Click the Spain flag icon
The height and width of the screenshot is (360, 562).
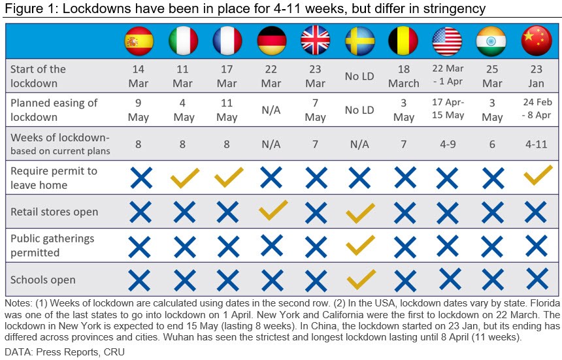point(139,41)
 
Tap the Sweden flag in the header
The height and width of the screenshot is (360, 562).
point(359,41)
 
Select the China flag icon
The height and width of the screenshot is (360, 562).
point(537,41)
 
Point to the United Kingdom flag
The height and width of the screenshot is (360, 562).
point(315,41)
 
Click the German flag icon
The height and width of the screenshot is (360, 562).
point(271,41)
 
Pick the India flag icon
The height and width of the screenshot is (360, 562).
point(492,41)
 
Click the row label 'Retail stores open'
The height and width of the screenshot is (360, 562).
point(54,212)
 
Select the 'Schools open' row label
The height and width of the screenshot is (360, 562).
point(43,280)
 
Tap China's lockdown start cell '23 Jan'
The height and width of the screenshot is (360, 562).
point(536,76)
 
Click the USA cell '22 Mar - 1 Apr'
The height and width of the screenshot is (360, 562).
point(448,76)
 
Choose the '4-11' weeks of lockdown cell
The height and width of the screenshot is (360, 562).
point(536,144)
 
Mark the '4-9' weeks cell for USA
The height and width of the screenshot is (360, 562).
point(448,144)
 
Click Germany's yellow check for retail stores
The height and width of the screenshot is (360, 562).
point(271,210)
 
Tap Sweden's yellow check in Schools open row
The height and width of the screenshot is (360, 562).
point(360,279)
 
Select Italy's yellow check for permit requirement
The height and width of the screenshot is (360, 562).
point(184,176)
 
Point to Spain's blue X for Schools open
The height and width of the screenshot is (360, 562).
point(139,280)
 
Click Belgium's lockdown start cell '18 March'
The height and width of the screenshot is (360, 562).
point(404,76)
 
